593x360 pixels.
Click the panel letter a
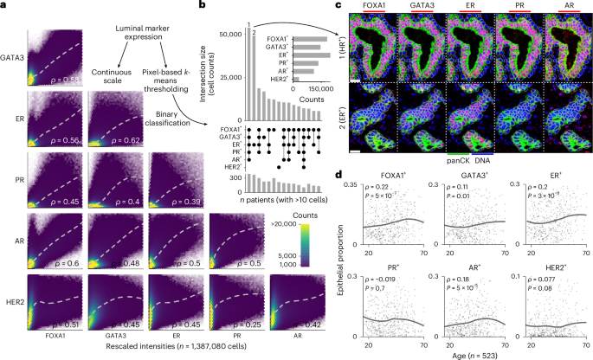[4, 6]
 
